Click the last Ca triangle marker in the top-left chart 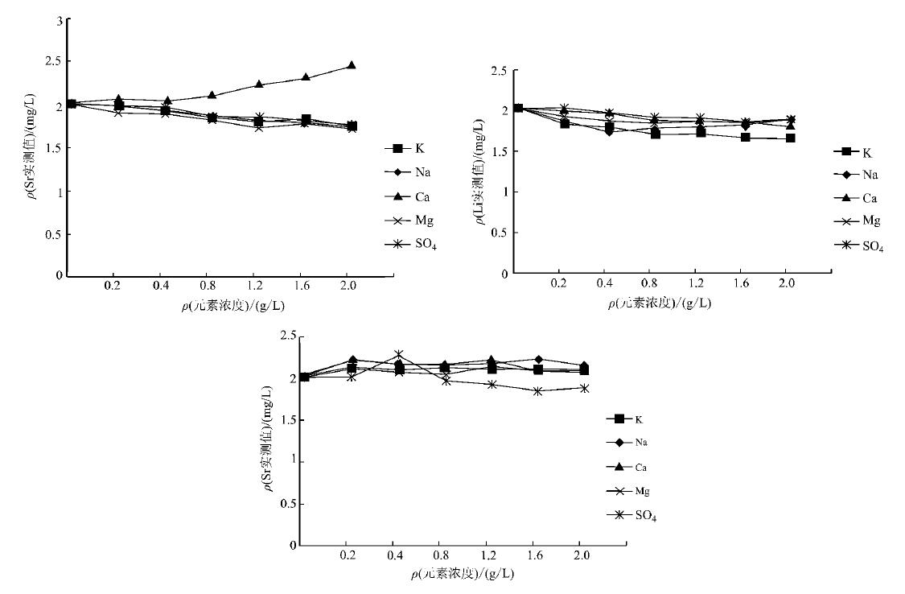point(352,65)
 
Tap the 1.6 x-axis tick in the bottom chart point(536,556)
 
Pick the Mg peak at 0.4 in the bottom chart point(399,354)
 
